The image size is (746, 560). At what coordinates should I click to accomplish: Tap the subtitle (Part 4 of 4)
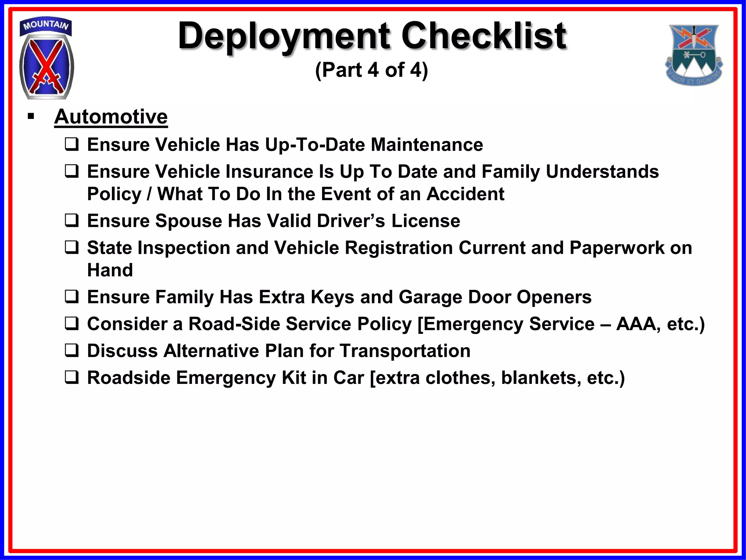tap(371, 70)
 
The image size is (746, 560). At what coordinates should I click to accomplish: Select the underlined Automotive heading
tap(111, 117)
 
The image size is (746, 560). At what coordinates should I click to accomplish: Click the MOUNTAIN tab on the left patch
tap(46, 26)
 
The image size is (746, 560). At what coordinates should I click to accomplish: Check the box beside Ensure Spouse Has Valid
tap(71, 221)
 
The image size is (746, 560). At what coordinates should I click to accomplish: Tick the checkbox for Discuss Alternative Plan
tap(71, 351)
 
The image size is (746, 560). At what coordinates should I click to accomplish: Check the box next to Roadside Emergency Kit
tap(71, 377)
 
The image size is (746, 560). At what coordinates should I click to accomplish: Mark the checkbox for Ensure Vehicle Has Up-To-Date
tap(71, 145)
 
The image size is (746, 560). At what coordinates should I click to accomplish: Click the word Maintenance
tap(427, 145)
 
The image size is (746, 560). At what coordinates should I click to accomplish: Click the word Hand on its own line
tap(110, 270)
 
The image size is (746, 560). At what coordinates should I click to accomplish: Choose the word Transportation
tap(405, 351)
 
